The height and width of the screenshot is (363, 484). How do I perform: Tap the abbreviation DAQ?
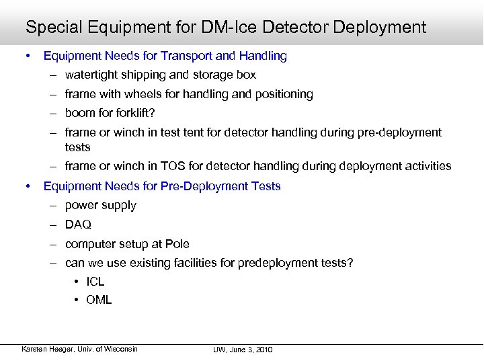point(78,225)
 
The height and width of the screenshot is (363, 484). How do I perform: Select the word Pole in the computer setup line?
point(177,244)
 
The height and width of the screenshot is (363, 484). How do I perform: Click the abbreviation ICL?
point(95,282)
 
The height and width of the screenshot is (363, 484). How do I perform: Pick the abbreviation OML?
point(99,300)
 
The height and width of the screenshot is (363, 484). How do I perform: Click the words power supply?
point(101,205)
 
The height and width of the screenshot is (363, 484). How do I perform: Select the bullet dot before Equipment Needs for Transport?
point(28,56)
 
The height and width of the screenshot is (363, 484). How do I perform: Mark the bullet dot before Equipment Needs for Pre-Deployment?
point(28,186)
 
